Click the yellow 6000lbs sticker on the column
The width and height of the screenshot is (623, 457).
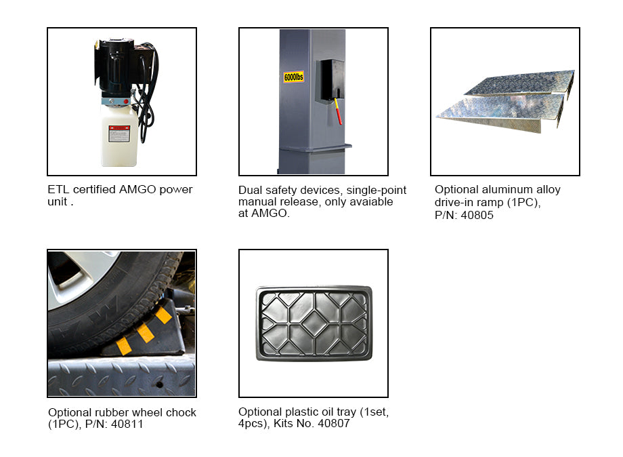click(293, 77)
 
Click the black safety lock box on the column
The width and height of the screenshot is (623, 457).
click(330, 81)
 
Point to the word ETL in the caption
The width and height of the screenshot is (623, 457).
click(58, 190)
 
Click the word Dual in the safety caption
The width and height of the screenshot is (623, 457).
click(251, 191)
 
